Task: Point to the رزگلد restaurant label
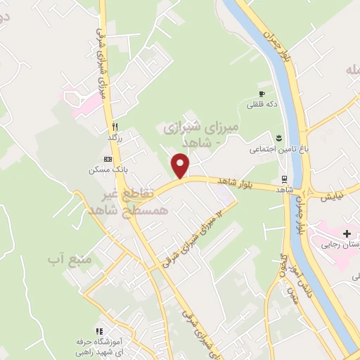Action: click(115, 137)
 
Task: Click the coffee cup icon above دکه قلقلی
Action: click(262, 94)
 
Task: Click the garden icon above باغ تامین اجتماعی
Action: click(278, 137)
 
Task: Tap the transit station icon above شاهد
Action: click(284, 178)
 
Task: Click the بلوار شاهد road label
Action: click(229, 182)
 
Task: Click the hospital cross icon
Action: click(346, 233)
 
